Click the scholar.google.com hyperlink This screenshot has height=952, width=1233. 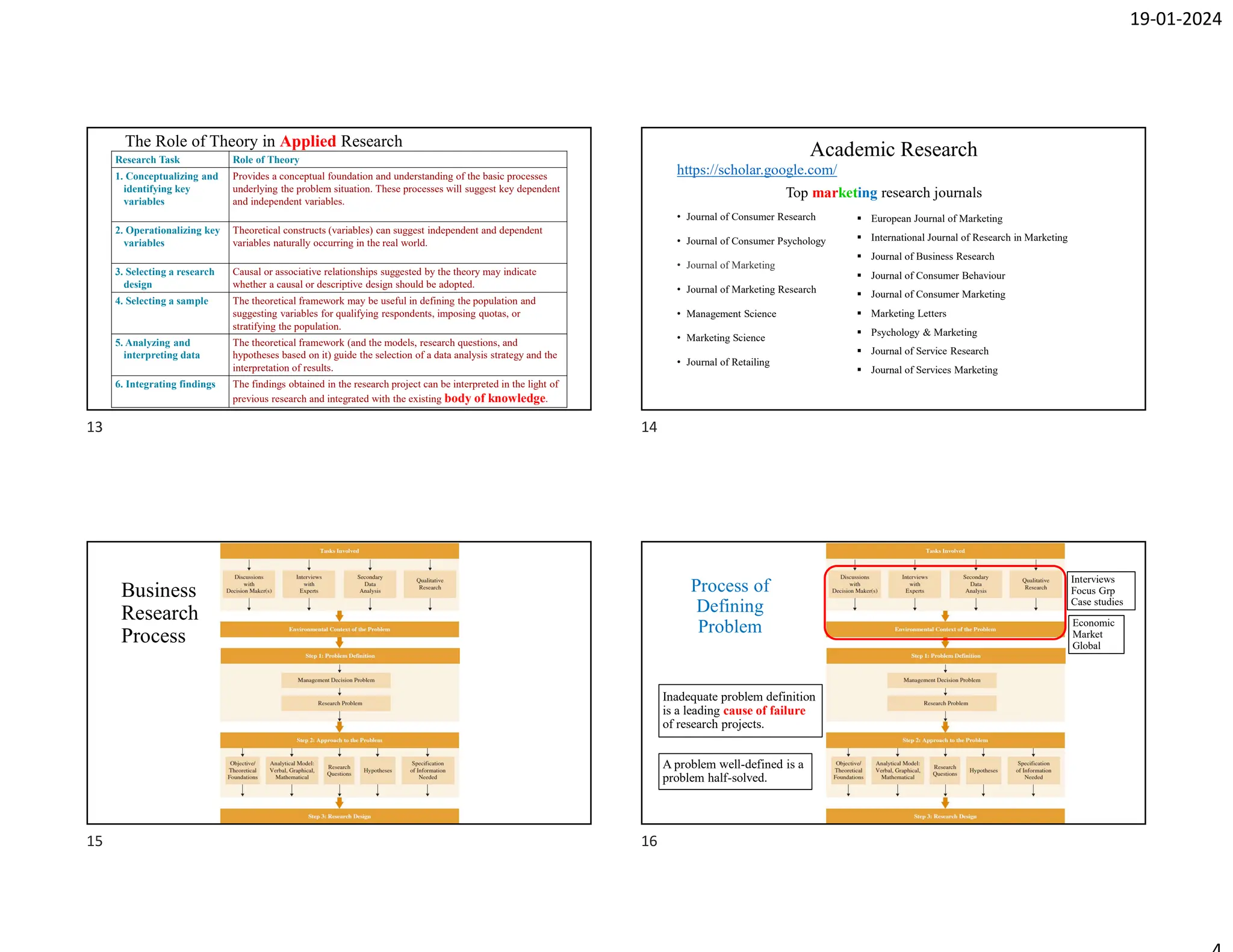click(756, 170)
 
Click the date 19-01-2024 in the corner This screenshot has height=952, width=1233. click(1175, 19)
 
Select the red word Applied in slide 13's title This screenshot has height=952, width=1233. click(308, 141)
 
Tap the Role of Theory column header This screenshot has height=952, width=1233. click(266, 159)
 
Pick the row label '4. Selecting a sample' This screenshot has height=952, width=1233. click(161, 301)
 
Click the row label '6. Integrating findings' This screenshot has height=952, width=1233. click(165, 384)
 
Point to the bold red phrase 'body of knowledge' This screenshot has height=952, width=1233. click(495, 398)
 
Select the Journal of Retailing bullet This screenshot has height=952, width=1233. click(727, 362)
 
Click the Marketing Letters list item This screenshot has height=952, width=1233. click(908, 314)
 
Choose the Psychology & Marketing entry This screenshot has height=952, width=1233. click(924, 332)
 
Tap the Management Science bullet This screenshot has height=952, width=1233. click(731, 314)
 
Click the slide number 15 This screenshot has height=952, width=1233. click(95, 841)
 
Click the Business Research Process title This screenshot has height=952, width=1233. click(159, 613)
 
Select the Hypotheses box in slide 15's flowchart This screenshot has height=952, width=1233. click(377, 770)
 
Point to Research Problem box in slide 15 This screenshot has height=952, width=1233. click(340, 703)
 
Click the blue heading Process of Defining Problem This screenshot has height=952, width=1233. click(730, 606)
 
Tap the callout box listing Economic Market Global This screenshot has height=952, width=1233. click(1095, 634)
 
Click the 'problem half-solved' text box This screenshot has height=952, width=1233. click(735, 771)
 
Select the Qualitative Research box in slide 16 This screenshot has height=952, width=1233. click(1036, 584)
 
